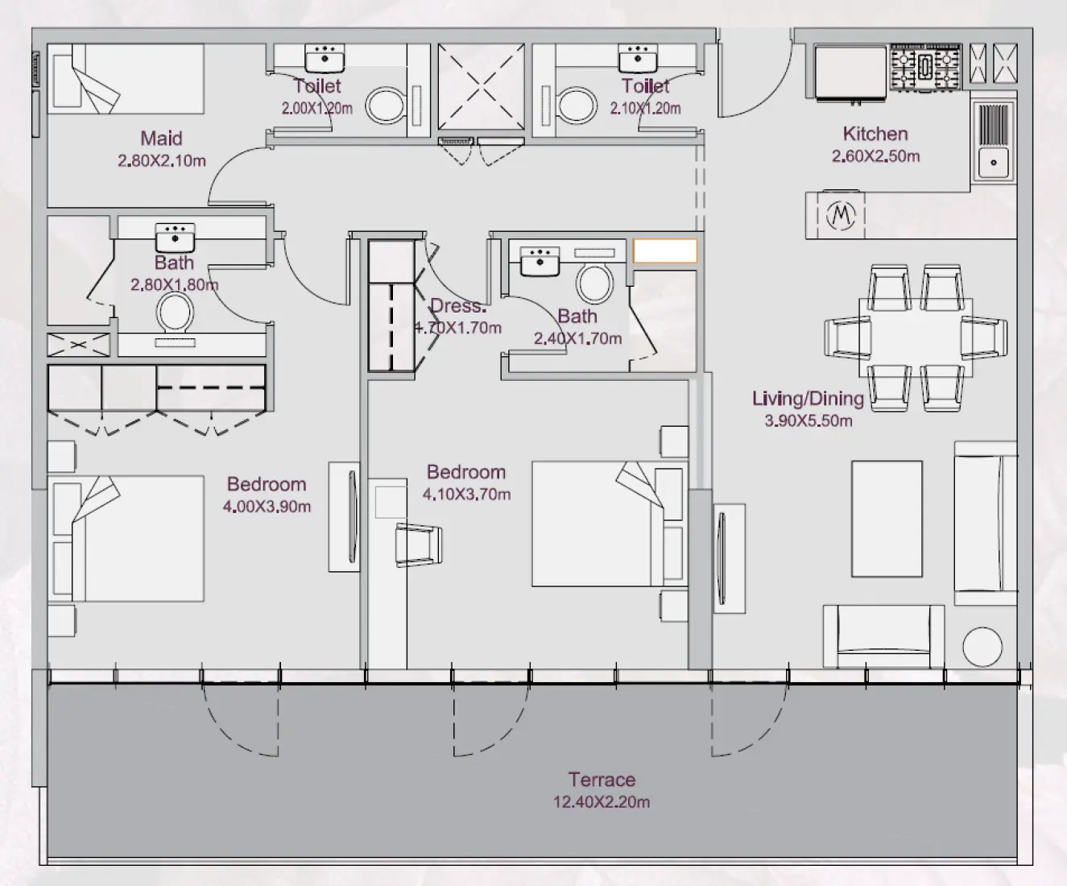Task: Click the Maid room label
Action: click(161, 139)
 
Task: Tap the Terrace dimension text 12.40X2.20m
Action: click(601, 802)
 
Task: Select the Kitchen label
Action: click(875, 134)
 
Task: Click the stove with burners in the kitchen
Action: click(925, 67)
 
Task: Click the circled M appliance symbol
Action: click(842, 215)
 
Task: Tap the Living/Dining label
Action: click(808, 399)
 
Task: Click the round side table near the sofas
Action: click(982, 646)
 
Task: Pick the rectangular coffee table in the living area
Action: click(887, 519)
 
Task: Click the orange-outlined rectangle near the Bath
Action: click(664, 250)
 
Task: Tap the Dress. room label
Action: click(458, 306)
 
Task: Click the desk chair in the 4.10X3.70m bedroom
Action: click(419, 544)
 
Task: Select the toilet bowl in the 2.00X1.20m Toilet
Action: click(386, 105)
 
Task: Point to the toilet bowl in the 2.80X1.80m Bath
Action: click(175, 313)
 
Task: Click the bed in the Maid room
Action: click(126, 78)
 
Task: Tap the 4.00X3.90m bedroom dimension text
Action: click(267, 507)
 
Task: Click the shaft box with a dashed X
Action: click(481, 86)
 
